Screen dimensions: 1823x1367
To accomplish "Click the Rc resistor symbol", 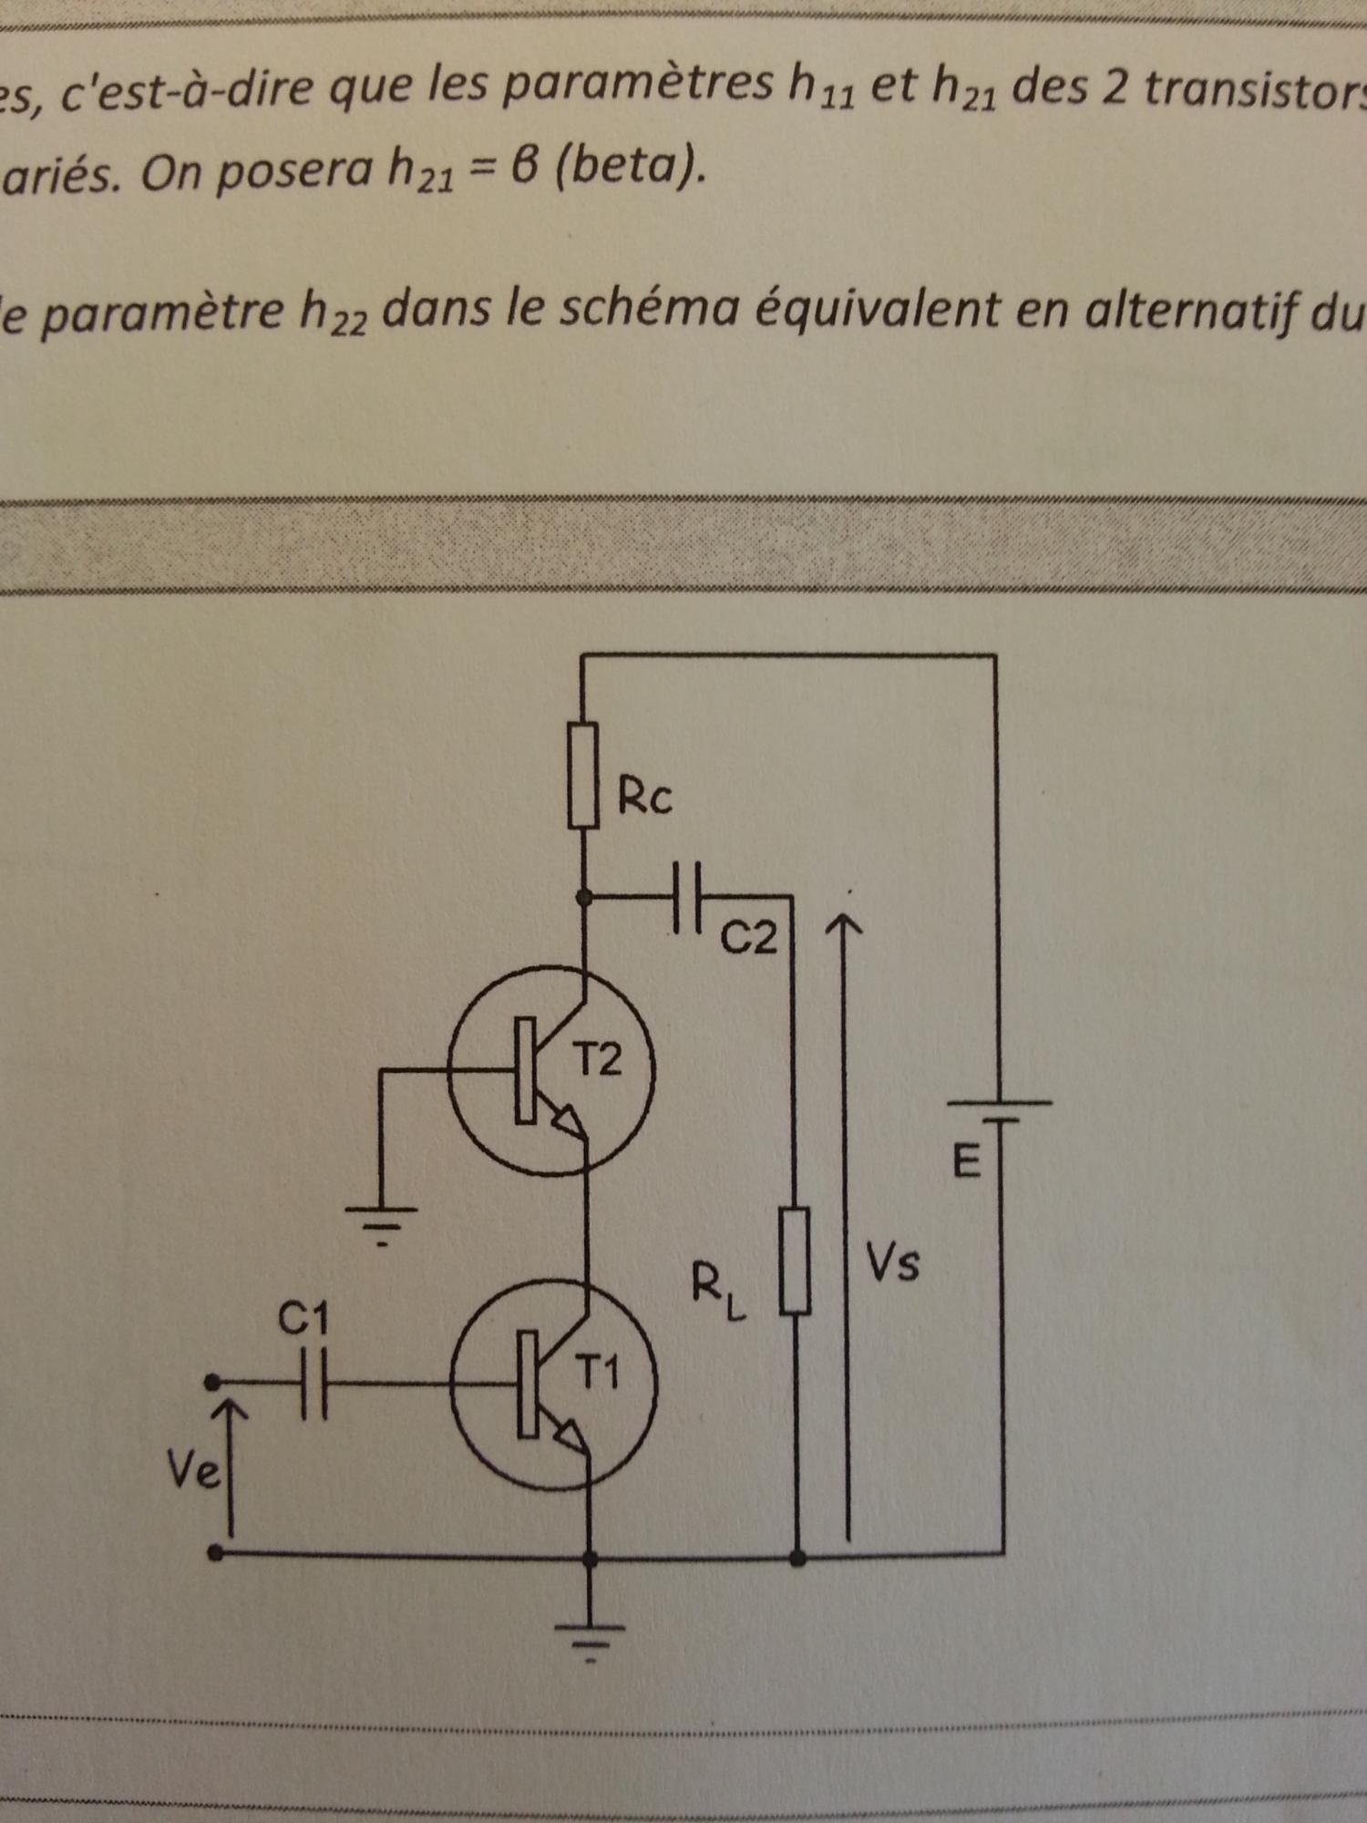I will coord(583,775).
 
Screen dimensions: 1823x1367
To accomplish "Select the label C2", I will coord(749,938).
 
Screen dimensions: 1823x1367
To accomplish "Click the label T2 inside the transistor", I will coord(598,1059).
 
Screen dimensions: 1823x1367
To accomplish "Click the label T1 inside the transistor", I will coord(598,1372).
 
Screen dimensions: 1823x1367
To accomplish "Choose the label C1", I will coord(303,1319).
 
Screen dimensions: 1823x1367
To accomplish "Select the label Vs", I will coord(892,1263).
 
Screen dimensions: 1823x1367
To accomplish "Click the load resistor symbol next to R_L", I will coord(796,1260).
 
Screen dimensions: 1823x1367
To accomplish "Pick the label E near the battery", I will coord(966,1162).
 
